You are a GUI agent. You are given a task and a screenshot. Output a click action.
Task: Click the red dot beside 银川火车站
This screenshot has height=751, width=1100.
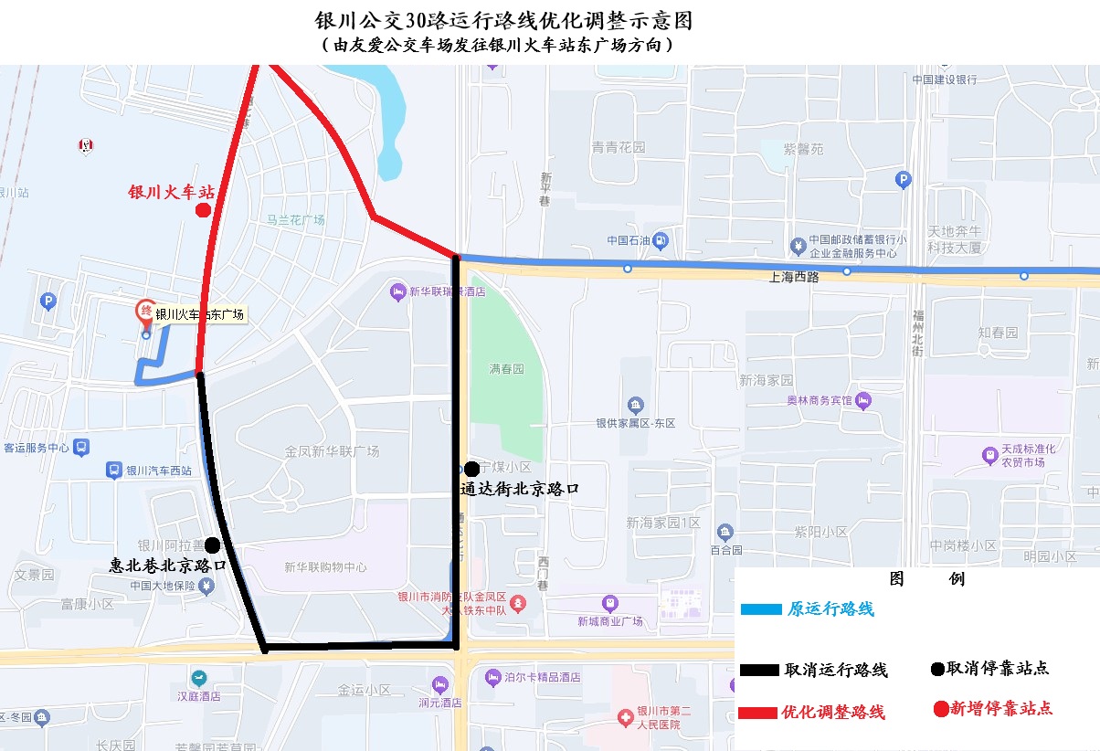click(203, 211)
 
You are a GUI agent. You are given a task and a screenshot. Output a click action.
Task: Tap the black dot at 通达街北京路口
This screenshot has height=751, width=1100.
click(472, 468)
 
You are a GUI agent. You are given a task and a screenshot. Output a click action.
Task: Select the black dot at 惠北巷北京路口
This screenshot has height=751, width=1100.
click(212, 545)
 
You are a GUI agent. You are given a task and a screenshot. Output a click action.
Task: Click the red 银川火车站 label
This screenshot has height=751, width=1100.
click(171, 193)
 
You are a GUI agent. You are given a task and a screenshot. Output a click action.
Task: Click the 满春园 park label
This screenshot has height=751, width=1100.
click(506, 369)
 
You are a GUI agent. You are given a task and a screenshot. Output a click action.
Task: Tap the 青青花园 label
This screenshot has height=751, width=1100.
click(618, 147)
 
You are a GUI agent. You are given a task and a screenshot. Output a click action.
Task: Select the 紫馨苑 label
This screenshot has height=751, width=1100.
click(804, 149)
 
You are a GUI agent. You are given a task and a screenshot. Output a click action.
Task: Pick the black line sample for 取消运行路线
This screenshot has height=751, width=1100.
click(760, 670)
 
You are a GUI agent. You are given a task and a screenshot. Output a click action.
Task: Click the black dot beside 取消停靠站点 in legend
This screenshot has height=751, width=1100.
click(936, 669)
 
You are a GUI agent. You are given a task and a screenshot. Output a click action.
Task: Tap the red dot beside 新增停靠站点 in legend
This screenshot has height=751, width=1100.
click(941, 708)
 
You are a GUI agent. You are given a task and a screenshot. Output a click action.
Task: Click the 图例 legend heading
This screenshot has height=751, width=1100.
click(926, 579)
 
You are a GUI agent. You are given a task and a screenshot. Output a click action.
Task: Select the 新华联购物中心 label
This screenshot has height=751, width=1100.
click(326, 567)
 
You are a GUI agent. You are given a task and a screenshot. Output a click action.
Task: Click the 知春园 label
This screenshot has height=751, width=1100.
click(998, 333)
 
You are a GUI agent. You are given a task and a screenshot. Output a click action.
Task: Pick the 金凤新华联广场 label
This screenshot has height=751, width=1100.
click(332, 451)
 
